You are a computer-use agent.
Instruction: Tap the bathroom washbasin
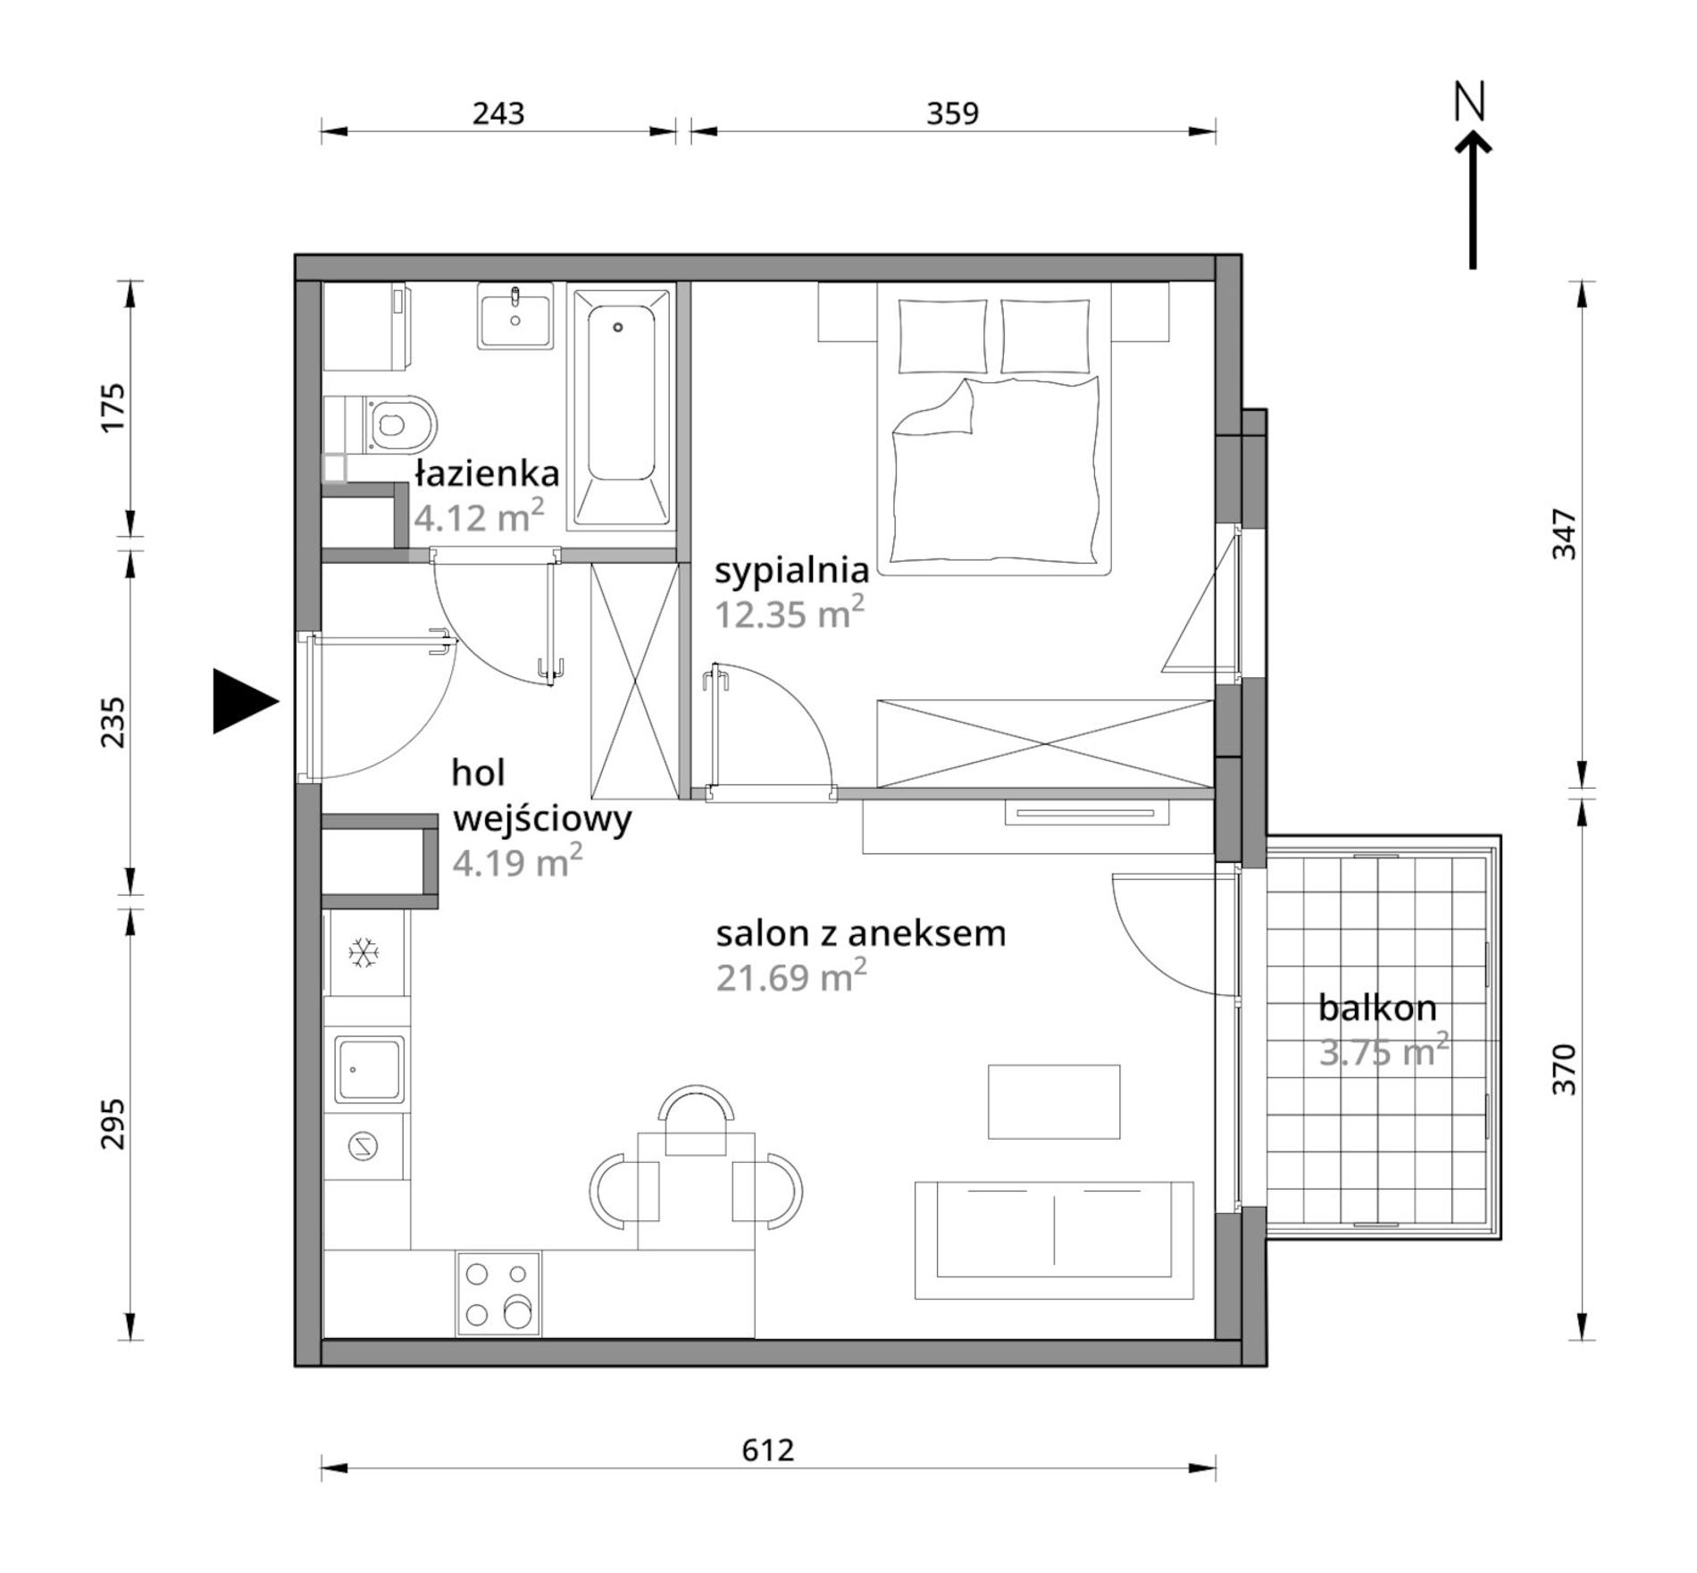tap(515, 315)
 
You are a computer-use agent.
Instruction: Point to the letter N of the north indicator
tap(1469, 102)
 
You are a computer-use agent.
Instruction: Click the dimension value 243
tap(498, 113)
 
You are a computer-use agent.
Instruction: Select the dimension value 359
tap(952, 113)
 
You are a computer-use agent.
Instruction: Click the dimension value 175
tap(114, 408)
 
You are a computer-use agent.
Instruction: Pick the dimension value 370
tap(1564, 1069)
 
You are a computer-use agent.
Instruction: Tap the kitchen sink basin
tap(370, 1069)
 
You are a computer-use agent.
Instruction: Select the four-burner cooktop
tap(498, 1294)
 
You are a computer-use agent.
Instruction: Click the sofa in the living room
tap(1054, 1241)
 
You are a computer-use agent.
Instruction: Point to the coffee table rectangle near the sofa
tap(1054, 1101)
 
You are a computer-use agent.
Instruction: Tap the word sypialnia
tap(791, 572)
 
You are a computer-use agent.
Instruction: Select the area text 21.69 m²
tap(791, 975)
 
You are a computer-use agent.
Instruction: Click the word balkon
tap(1377, 1008)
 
